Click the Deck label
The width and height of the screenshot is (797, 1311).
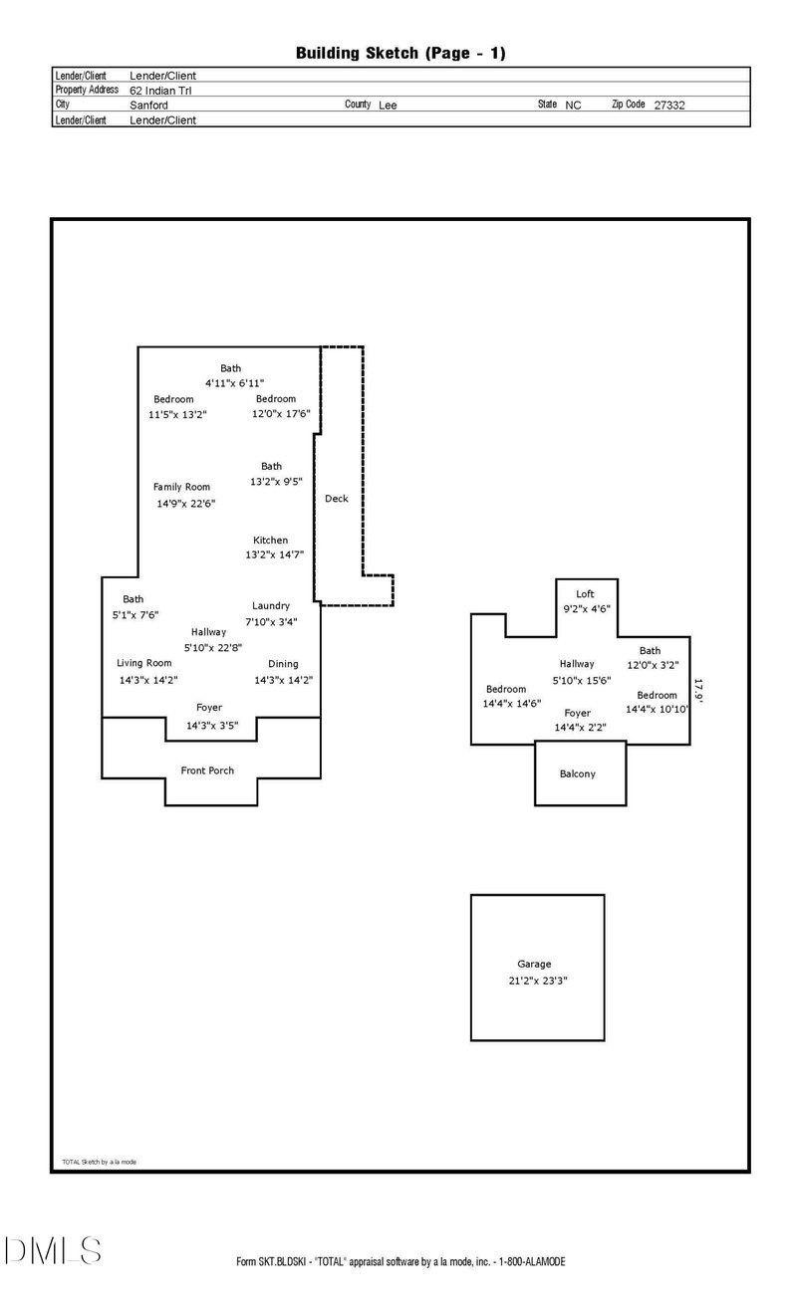click(x=336, y=499)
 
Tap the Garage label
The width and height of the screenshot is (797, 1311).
click(x=534, y=964)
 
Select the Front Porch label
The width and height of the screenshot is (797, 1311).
click(x=207, y=770)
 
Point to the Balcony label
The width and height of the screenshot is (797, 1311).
click(x=578, y=773)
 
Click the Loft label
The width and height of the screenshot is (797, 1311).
click(x=585, y=594)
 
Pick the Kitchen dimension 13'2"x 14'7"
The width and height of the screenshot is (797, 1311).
click(x=275, y=554)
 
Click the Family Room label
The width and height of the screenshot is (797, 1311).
click(x=181, y=487)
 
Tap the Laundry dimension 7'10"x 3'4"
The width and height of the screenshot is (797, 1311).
click(x=271, y=621)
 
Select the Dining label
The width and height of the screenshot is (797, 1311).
click(x=283, y=664)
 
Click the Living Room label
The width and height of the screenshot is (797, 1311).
click(x=144, y=663)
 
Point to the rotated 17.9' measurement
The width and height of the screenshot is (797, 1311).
click(x=698, y=691)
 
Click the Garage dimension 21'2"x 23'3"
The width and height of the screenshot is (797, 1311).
click(x=538, y=981)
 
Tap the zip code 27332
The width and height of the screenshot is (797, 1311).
click(x=669, y=106)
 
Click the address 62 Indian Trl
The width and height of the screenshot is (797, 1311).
click(x=160, y=91)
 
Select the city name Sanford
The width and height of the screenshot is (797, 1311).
click(x=148, y=106)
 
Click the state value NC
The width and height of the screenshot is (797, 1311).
click(x=573, y=106)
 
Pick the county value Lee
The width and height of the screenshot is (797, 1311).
click(x=388, y=106)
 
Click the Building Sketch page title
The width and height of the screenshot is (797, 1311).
click(x=400, y=54)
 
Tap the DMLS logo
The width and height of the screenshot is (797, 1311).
click(x=53, y=1250)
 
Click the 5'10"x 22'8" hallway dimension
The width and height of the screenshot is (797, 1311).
click(x=213, y=648)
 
